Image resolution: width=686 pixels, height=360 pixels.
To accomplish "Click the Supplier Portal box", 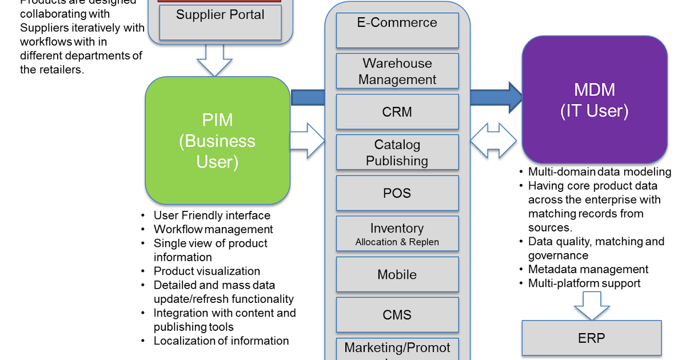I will [x=220, y=22].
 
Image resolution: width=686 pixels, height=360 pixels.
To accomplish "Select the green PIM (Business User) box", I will [x=217, y=141].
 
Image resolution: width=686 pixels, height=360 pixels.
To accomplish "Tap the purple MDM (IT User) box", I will [x=595, y=99].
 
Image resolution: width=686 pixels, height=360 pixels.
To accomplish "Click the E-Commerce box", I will [x=397, y=30].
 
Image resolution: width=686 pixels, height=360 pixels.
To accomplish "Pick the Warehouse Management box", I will [x=397, y=71].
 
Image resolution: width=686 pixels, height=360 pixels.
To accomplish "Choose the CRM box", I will [x=397, y=112].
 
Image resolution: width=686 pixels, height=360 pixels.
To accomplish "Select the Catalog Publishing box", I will [x=397, y=153].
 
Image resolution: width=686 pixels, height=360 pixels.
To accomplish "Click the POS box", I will [x=397, y=193].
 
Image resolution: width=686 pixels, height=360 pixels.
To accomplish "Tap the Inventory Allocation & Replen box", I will [x=397, y=234].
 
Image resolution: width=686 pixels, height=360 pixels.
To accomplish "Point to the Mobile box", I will [x=397, y=274].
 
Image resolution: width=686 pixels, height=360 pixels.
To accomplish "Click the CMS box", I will [x=397, y=315].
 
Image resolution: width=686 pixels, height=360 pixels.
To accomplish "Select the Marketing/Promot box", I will [x=397, y=349].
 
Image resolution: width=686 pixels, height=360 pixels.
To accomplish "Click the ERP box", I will [x=592, y=338].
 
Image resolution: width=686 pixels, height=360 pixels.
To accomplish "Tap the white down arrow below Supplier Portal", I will [x=214, y=60].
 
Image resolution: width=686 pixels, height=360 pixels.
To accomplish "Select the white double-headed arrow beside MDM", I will [x=493, y=141].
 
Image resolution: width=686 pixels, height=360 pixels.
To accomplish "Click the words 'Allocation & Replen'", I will [x=397, y=242].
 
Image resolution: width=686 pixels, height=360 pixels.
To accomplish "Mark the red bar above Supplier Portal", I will [x=220, y=1].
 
